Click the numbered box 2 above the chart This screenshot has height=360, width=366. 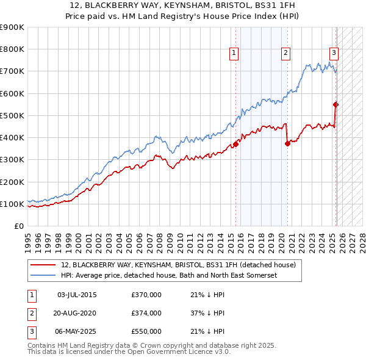pos(285,54)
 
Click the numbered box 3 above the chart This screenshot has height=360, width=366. pos(334,52)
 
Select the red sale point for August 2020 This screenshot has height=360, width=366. pos(287,143)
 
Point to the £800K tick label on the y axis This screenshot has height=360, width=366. pos(12,49)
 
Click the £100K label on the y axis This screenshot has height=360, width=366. pos(12,204)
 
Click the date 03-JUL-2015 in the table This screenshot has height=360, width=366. pos(77,295)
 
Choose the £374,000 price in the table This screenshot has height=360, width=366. pos(146,313)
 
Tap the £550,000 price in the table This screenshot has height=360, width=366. pos(146,331)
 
